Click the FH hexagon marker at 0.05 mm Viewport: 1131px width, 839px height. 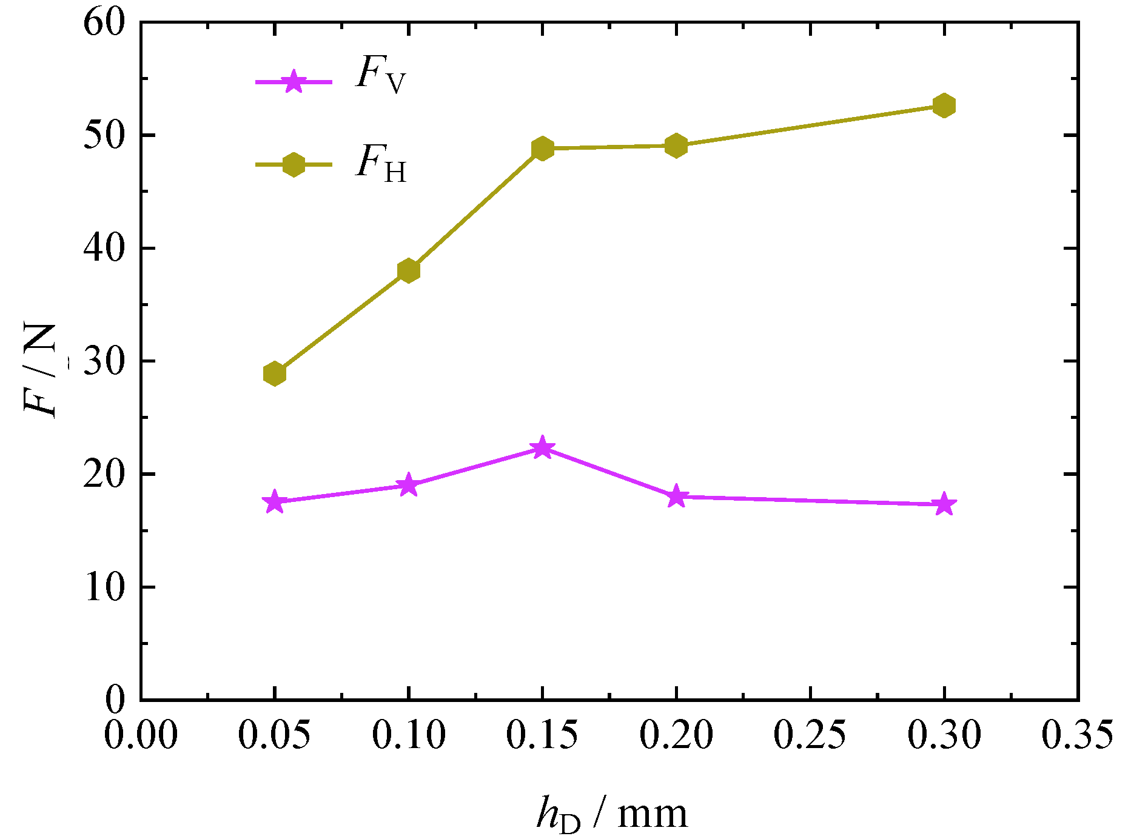pyautogui.click(x=275, y=373)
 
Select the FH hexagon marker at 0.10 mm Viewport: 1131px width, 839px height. pyautogui.click(x=409, y=270)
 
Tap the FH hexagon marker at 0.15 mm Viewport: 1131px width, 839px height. pyautogui.click(x=543, y=149)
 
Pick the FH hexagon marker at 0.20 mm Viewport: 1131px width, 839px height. pyautogui.click(x=676, y=145)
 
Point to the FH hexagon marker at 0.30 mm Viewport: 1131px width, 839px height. pyautogui.click(x=944, y=105)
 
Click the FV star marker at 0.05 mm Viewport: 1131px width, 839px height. pyautogui.click(x=275, y=502)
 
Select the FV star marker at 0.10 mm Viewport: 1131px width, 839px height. pyautogui.click(x=409, y=485)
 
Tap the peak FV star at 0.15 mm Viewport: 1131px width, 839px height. pyautogui.click(x=543, y=449)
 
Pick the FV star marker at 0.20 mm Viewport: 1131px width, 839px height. pyautogui.click(x=676, y=497)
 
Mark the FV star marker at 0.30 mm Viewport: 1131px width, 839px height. pyautogui.click(x=944, y=504)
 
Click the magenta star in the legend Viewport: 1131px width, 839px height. pyautogui.click(x=294, y=81)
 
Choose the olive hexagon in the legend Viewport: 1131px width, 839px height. pyautogui.click(x=294, y=164)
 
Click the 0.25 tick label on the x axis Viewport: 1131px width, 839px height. pyautogui.click(x=810, y=735)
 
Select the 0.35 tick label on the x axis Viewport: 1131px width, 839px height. pyautogui.click(x=1077, y=735)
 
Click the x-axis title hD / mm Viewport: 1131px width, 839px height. pyautogui.click(x=612, y=815)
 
